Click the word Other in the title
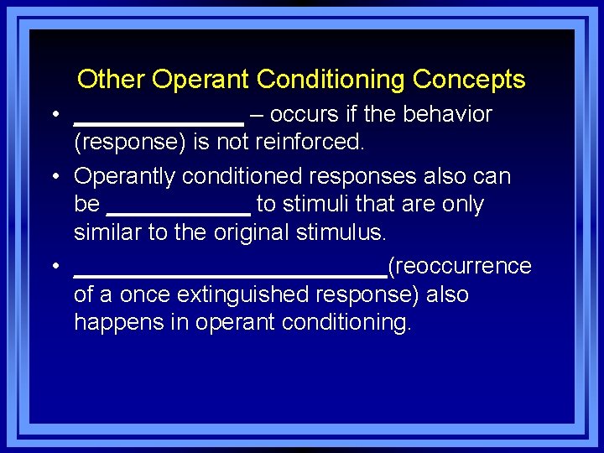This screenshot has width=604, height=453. click(x=112, y=80)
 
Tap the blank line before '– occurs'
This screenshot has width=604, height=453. click(x=159, y=122)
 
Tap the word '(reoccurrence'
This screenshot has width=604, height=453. click(x=459, y=267)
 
